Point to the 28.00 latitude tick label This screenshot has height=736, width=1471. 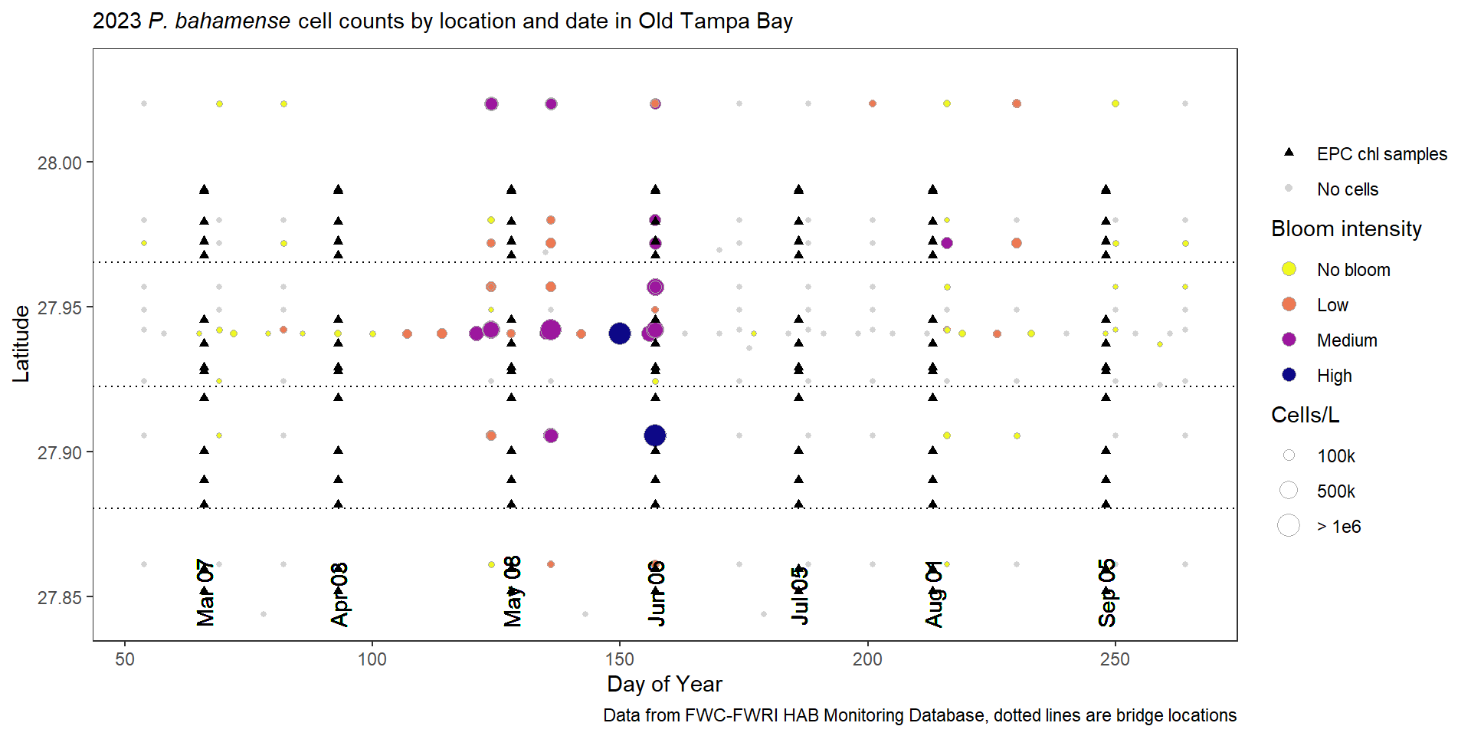pyautogui.click(x=60, y=163)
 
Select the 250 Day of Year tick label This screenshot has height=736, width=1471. pyautogui.click(x=1115, y=659)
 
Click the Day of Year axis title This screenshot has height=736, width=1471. pyautogui.click(x=664, y=684)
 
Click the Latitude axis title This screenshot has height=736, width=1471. pyautogui.click(x=21, y=344)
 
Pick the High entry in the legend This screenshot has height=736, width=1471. pyautogui.click(x=1334, y=376)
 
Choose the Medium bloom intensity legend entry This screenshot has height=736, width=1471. pyautogui.click(x=1346, y=340)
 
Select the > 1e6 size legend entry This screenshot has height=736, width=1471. pyautogui.click(x=1338, y=527)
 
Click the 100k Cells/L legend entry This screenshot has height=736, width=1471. pyautogui.click(x=1335, y=456)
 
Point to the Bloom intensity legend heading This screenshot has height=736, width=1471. pyautogui.click(x=1346, y=228)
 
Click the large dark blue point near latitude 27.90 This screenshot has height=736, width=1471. pyautogui.click(x=655, y=435)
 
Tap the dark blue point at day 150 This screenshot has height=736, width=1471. pyautogui.click(x=619, y=333)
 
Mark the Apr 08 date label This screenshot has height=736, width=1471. pyautogui.click(x=339, y=594)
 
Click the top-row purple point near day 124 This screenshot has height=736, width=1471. pyautogui.click(x=491, y=103)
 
